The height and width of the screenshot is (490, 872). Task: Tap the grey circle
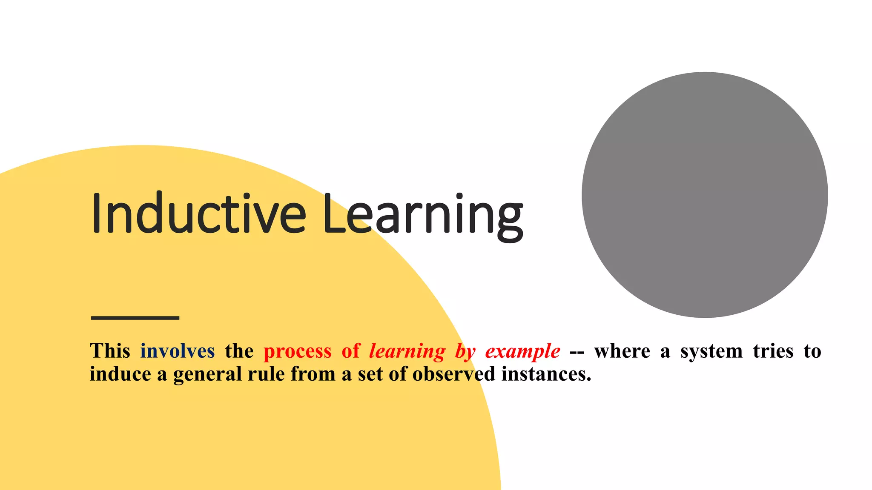point(705,195)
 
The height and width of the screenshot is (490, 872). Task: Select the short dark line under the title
point(135,318)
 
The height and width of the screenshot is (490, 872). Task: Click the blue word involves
point(178,351)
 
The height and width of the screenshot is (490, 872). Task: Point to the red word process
point(297,351)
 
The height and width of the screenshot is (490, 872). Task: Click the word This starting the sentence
point(110,351)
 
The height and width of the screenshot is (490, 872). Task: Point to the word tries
point(773,351)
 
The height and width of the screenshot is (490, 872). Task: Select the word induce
point(120,374)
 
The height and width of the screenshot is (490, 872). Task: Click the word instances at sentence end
point(546,374)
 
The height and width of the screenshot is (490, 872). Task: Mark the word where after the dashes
point(622,351)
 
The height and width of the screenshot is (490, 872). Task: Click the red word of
point(351,351)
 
